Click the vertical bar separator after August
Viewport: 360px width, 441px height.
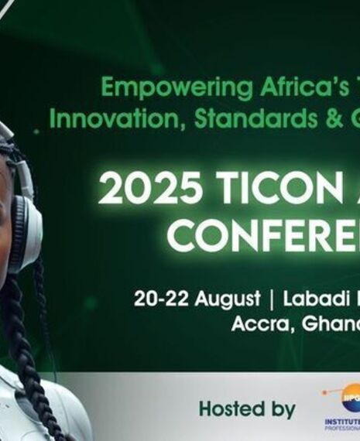pos(272,299)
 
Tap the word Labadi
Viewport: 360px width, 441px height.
pos(319,299)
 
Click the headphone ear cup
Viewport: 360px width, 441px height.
pos(23,232)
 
